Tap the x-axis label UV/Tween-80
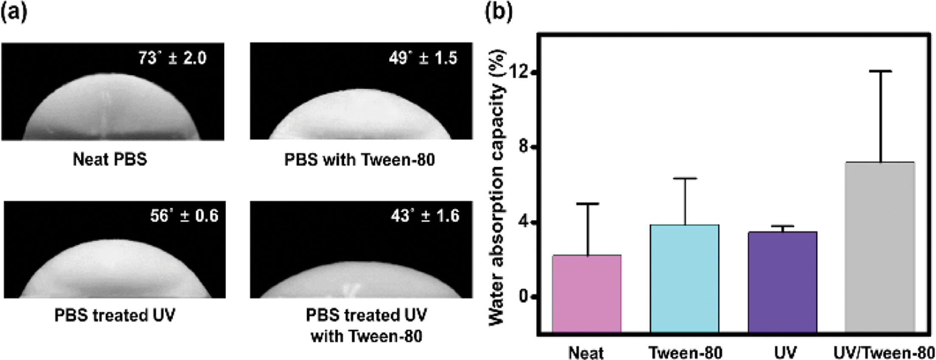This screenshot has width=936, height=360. click(884, 352)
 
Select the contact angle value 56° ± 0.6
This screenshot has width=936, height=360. click(184, 216)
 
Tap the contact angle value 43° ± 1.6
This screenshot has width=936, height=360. click(425, 216)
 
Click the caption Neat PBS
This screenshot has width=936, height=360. click(110, 160)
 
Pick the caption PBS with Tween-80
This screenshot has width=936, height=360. click(360, 160)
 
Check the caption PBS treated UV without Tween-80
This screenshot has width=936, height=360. click(115, 315)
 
